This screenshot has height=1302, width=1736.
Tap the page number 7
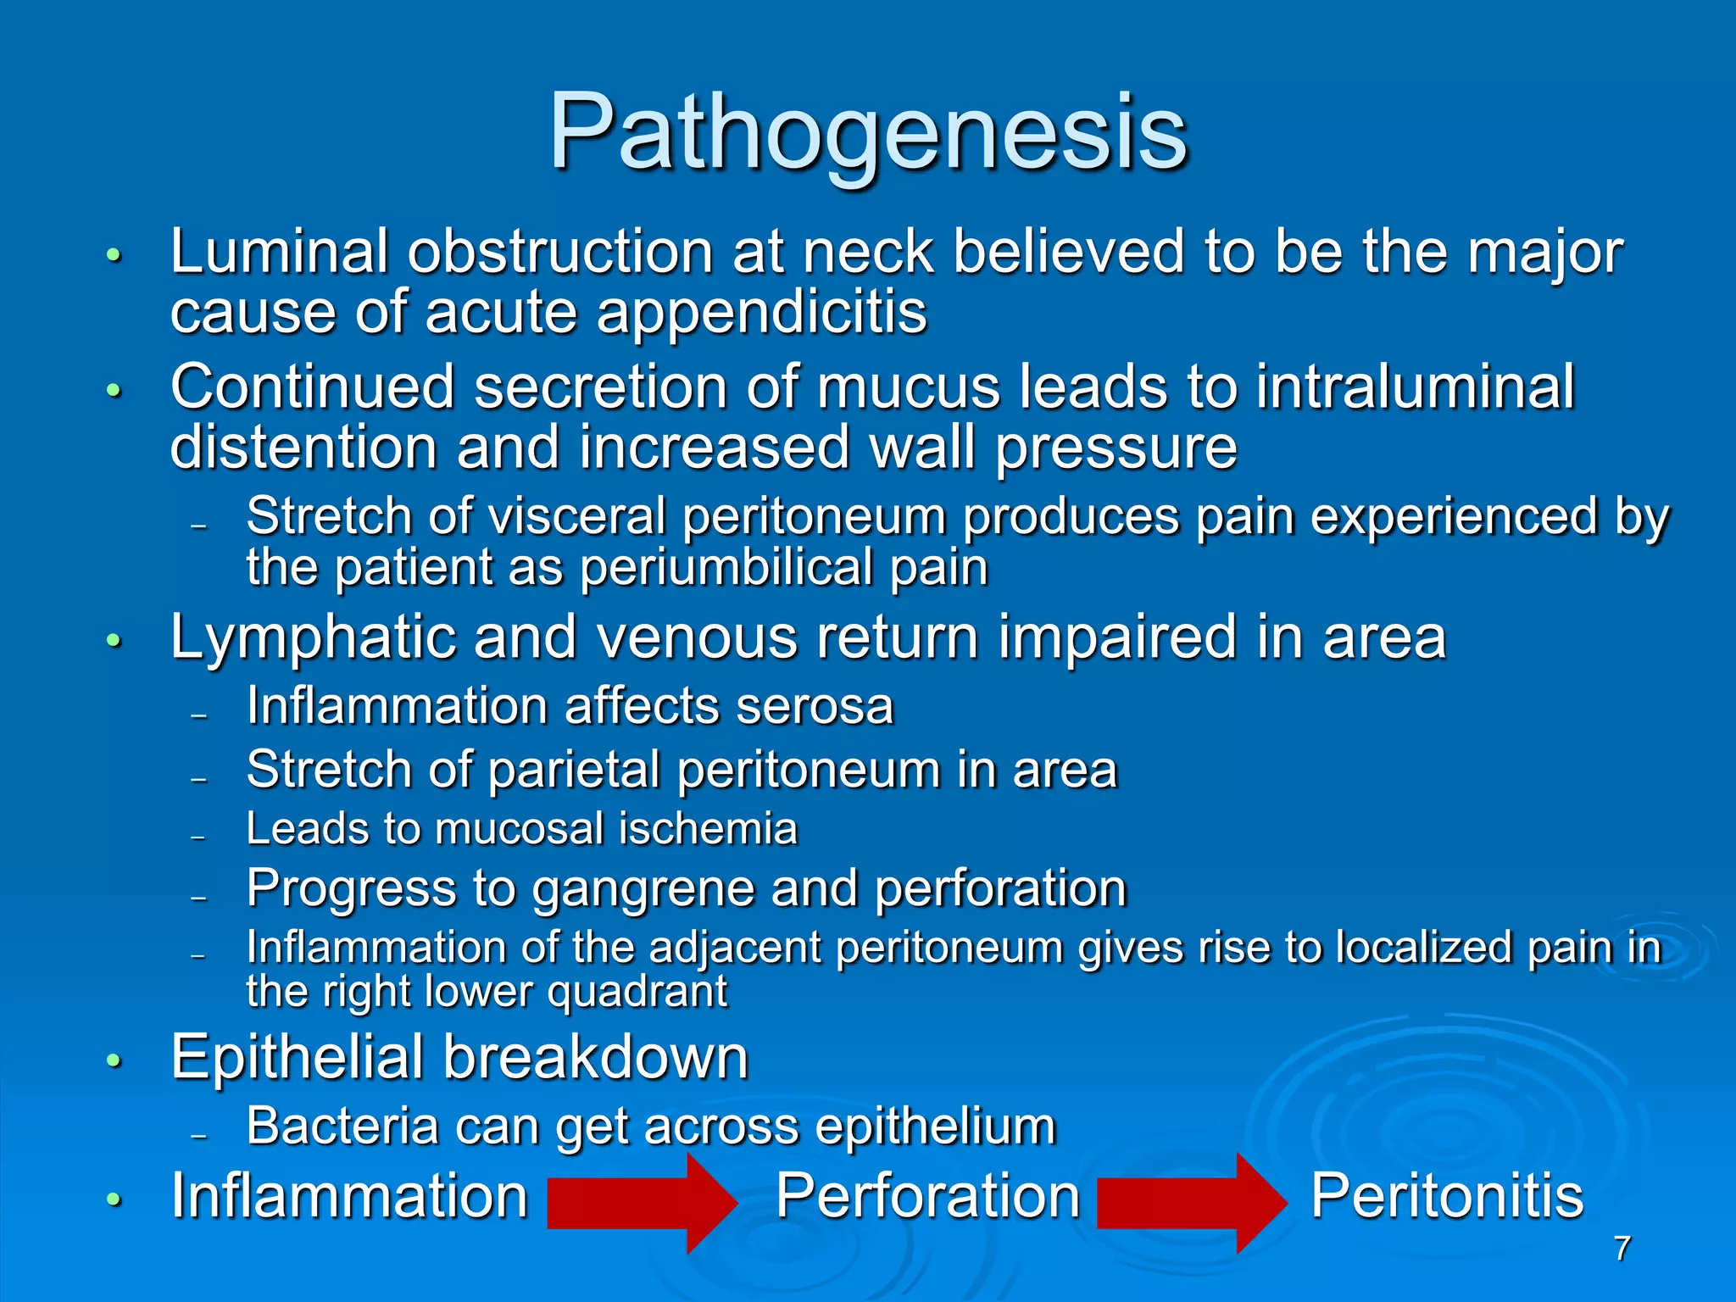[1622, 1249]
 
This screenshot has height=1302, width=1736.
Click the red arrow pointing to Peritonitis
[1190, 1203]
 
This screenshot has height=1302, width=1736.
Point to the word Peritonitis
[1446, 1195]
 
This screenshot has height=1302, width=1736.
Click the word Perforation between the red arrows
[927, 1195]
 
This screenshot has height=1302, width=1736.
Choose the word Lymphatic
[313, 637]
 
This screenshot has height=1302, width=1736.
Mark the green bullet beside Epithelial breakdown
[114, 1060]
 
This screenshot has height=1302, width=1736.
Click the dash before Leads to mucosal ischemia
[199, 836]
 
